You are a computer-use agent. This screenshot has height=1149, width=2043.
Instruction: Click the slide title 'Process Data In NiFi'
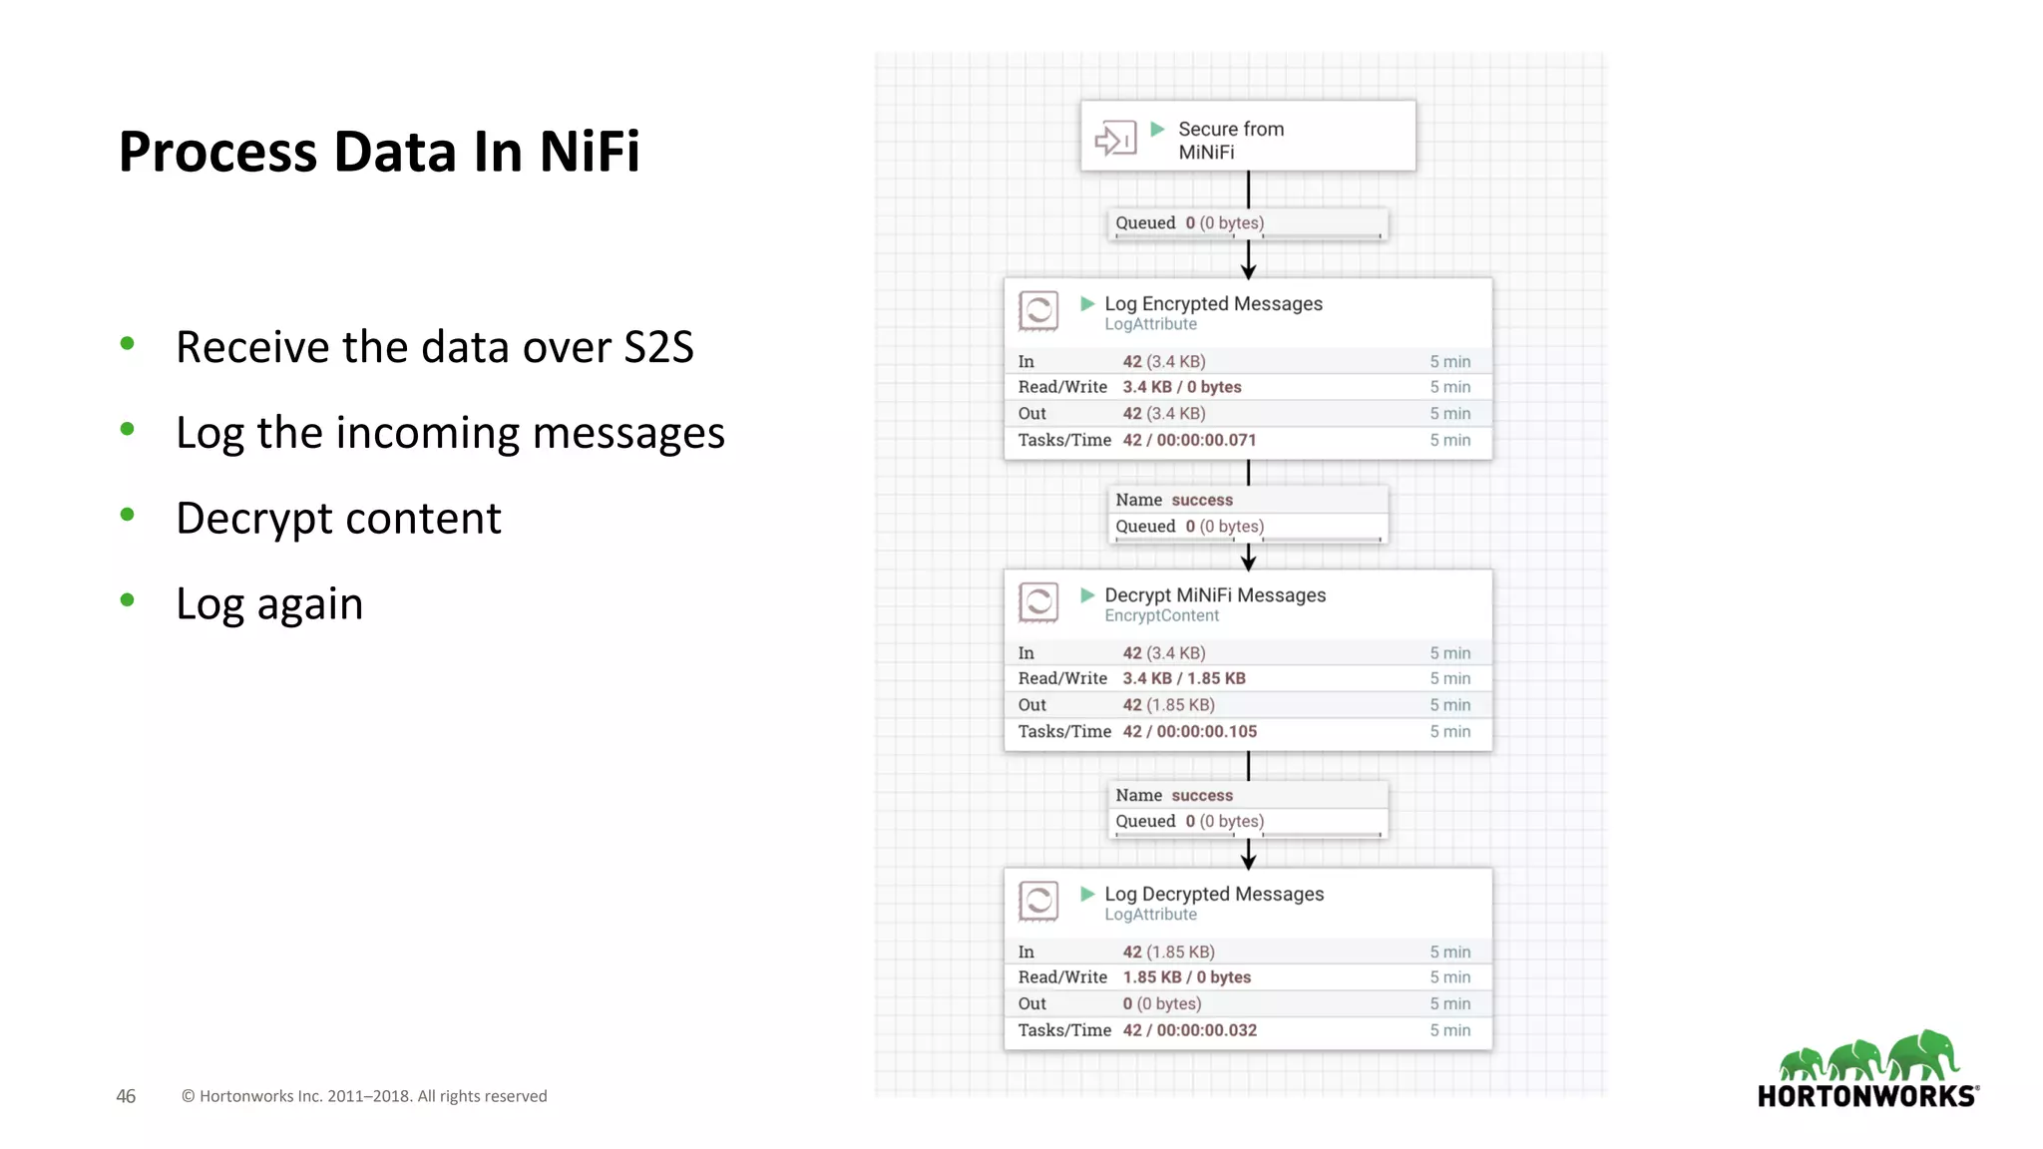pyautogui.click(x=379, y=152)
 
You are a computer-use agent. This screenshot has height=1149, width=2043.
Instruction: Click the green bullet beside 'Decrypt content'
pyautogui.click(x=127, y=515)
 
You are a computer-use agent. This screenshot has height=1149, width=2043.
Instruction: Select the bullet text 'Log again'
pyautogui.click(x=269, y=604)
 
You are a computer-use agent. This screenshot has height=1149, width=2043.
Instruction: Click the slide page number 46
pyautogui.click(x=126, y=1096)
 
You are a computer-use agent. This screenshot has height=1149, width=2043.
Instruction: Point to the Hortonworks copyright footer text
pyautogui.click(x=364, y=1096)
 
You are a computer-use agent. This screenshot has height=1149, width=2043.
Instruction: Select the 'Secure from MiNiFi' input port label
pyautogui.click(x=1230, y=141)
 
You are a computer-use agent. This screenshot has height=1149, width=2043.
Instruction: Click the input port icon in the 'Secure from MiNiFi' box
pyautogui.click(x=1115, y=139)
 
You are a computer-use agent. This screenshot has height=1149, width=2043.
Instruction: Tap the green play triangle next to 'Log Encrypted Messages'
pyautogui.click(x=1087, y=303)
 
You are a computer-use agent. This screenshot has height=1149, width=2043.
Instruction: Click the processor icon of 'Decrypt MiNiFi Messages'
pyautogui.click(x=1038, y=602)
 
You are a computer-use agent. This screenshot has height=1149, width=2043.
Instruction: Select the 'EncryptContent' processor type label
pyautogui.click(x=1161, y=616)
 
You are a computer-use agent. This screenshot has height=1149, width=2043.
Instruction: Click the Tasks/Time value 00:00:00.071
pyautogui.click(x=1206, y=440)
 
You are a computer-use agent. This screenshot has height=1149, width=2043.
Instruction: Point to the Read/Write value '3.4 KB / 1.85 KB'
pyautogui.click(x=1184, y=678)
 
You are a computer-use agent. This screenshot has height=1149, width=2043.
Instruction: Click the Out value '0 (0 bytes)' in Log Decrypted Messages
pyautogui.click(x=1161, y=1003)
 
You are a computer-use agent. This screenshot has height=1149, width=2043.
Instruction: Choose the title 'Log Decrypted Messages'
pyautogui.click(x=1214, y=894)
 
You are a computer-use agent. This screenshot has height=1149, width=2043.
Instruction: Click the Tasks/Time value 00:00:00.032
pyautogui.click(x=1206, y=1030)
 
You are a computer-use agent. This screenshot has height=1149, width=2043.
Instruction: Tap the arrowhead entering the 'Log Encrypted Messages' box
pyautogui.click(x=1248, y=271)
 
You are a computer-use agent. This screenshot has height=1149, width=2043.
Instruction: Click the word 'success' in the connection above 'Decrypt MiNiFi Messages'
pyautogui.click(x=1202, y=500)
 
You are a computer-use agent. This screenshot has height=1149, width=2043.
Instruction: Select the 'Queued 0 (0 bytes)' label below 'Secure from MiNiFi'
pyautogui.click(x=1189, y=223)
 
